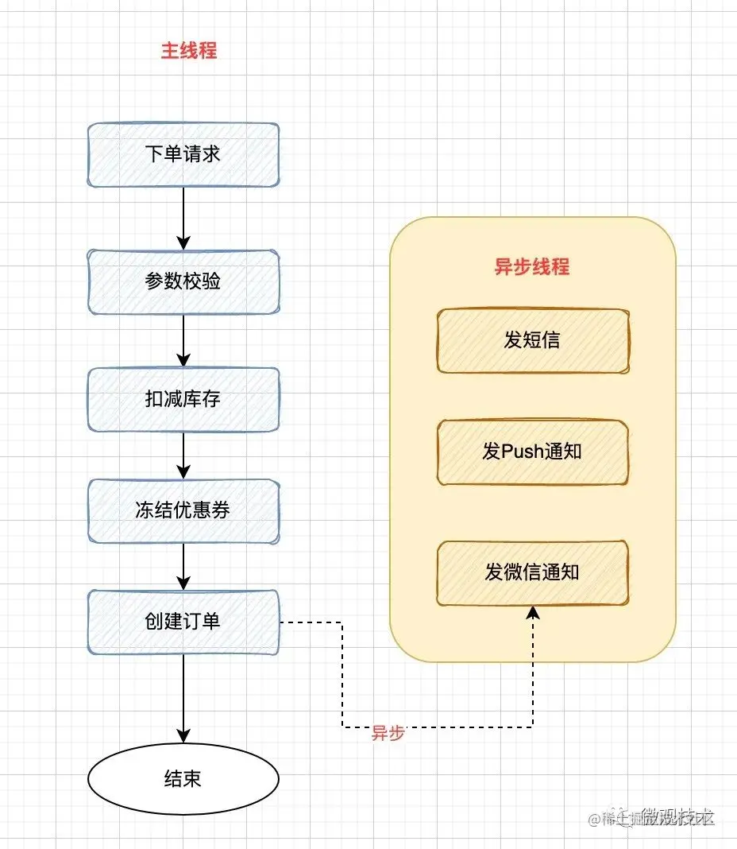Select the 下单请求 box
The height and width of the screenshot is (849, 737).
coord(183,154)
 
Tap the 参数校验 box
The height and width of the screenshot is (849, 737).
coord(183,281)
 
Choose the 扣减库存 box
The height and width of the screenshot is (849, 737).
coord(183,399)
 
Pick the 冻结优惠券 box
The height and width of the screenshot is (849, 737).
coord(183,510)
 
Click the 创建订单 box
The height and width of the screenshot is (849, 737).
coord(183,622)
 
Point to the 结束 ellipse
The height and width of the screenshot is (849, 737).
coord(183,778)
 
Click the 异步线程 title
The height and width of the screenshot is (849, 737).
coord(532,267)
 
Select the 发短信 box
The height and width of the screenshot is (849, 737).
coord(532,340)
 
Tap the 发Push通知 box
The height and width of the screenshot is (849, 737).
coord(532,452)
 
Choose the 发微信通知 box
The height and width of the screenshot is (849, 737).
coord(532,572)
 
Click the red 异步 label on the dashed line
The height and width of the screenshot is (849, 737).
coord(388,734)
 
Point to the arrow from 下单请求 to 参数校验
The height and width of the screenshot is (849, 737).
coord(183,218)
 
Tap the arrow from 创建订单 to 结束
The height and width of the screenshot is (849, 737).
coord(183,700)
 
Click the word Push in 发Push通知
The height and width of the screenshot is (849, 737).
coord(524,452)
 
